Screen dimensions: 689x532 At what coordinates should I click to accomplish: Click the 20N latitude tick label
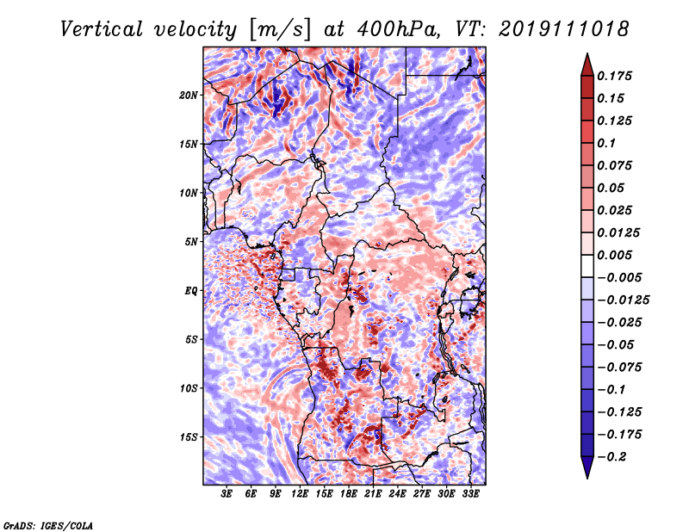pos(189,96)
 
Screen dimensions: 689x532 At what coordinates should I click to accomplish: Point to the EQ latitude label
pos(190,291)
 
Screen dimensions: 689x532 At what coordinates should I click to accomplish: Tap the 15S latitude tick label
pos(189,437)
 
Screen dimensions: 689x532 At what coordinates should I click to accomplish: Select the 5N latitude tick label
pos(191,242)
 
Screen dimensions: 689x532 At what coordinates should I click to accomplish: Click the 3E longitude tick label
pos(227,494)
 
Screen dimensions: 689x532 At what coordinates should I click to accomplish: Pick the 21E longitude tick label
pos(373,494)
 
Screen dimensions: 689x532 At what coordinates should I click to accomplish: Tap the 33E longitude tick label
pos(470,494)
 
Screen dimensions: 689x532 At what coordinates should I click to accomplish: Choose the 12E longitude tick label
pos(300,494)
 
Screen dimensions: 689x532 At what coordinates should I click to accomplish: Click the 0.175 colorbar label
pos(614,76)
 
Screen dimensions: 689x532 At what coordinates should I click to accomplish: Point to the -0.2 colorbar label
pos(611,457)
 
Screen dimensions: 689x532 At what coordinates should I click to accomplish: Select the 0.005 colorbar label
pos(614,255)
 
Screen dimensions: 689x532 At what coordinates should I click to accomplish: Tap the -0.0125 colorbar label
pos(623,300)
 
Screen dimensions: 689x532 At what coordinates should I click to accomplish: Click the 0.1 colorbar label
pos(606,143)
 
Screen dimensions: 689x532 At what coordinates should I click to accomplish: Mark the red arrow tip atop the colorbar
pos(587,53)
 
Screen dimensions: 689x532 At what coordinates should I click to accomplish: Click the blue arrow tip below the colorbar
pos(587,478)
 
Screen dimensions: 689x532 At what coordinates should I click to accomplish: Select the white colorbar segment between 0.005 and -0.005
pos(587,266)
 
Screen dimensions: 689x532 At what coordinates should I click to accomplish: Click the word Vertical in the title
pos(102,29)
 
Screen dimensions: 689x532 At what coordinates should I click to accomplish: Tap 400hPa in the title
pos(398,29)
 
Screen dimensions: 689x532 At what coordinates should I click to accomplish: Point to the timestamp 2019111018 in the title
pos(563,29)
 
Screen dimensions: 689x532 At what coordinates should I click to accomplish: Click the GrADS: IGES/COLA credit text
pos(48,525)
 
